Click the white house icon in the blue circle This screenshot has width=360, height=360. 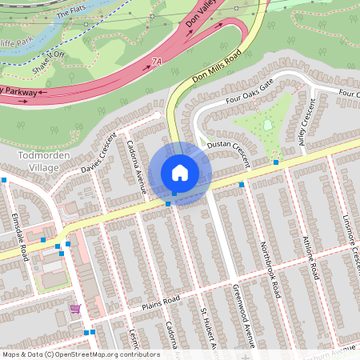click(180, 172)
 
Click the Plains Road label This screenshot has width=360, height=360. click(159, 302)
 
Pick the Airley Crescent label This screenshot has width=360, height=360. click(306, 124)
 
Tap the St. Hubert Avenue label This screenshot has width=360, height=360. click(210, 328)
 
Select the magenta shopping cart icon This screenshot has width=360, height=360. click(74, 309)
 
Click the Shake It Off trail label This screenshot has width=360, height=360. click(49, 59)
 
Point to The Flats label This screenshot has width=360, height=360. click(70, 15)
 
